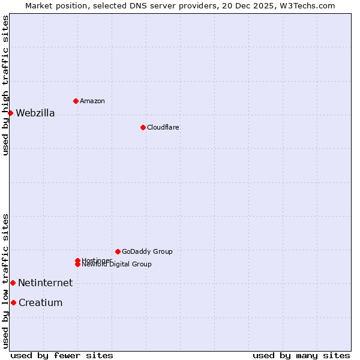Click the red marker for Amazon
[76, 101]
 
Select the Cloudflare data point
[143, 127]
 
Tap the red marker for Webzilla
[10, 113]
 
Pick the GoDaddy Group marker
[118, 251]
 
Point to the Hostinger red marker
[77, 260]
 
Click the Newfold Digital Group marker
[77, 264]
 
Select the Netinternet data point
[13, 283]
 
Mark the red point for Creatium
[13, 302]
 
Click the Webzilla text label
[35, 113]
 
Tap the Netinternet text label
[45, 283]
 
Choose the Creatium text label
[40, 303]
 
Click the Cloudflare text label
[163, 128]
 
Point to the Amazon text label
[92, 101]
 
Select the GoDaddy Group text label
[147, 252]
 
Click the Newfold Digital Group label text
[117, 265]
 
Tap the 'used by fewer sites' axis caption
[62, 356]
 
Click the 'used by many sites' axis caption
[301, 356]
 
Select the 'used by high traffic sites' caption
[6, 85]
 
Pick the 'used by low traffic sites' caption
[6, 281]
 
